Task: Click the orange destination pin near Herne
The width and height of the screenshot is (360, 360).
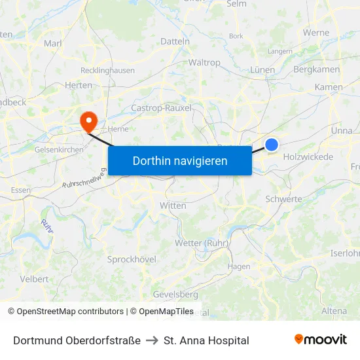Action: click(x=87, y=120)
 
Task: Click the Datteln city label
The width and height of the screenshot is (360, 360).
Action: click(x=175, y=41)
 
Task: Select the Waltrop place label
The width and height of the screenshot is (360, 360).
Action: click(x=204, y=63)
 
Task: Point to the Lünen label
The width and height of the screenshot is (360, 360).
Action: click(x=262, y=70)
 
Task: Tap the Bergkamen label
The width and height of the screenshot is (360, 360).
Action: click(x=317, y=69)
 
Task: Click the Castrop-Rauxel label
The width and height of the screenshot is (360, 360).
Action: click(x=161, y=108)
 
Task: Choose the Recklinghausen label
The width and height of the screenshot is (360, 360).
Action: click(x=107, y=70)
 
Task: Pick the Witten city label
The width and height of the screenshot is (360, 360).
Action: click(x=173, y=206)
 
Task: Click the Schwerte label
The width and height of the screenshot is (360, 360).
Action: click(x=283, y=199)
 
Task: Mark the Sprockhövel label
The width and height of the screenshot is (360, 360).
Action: click(x=132, y=259)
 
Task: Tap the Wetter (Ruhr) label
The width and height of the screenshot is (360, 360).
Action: click(x=201, y=243)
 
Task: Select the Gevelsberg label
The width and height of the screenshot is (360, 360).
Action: click(x=175, y=294)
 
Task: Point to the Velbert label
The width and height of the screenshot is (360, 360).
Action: click(x=34, y=279)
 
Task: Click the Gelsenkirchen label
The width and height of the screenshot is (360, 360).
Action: click(x=59, y=150)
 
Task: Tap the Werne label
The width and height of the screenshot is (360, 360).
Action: click(x=316, y=33)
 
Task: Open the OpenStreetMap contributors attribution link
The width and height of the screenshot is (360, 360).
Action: click(x=70, y=312)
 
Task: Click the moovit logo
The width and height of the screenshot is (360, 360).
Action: click(x=321, y=340)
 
